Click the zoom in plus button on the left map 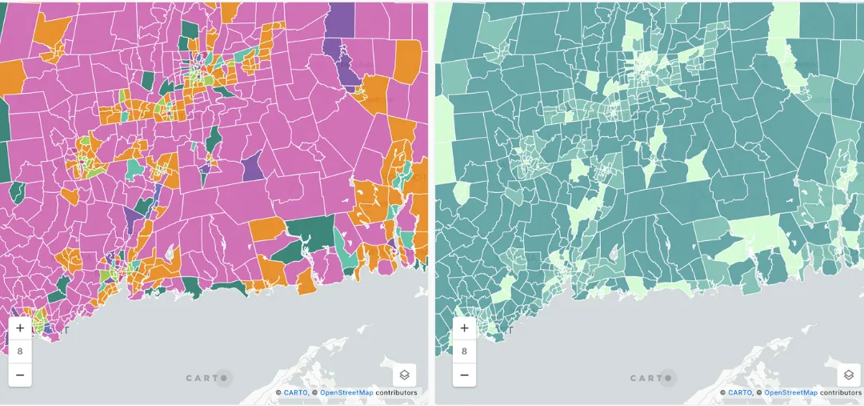[20, 328]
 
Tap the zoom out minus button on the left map [20, 374]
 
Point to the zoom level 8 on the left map [20, 351]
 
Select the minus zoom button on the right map [464, 374]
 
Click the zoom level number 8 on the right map [464, 351]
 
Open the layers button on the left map [405, 375]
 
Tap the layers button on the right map [848, 375]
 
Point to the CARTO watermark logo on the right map [652, 378]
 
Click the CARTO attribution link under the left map [295, 393]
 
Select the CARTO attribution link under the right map [740, 393]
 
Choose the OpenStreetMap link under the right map [790, 393]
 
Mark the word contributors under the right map [841, 393]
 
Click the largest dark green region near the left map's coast [308, 233]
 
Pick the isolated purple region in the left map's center [252, 166]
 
